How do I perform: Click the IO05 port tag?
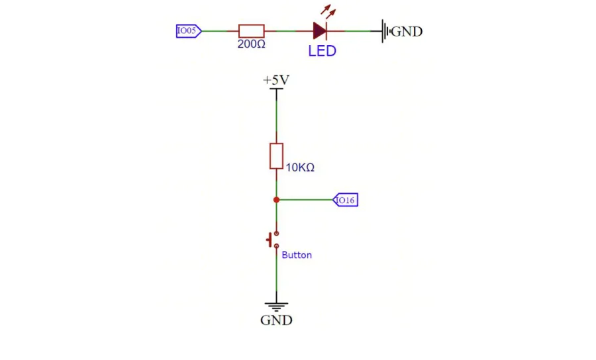(x=189, y=30)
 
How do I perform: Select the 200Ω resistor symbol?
(x=251, y=30)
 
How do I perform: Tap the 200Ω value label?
(x=251, y=44)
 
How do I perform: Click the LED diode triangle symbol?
(x=320, y=30)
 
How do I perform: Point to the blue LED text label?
(x=322, y=51)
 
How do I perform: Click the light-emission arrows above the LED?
(x=328, y=11)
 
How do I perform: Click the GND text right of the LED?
(x=407, y=32)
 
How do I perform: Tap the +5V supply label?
(x=276, y=80)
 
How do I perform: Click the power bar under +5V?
(x=276, y=89)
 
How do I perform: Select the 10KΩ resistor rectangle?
(x=276, y=156)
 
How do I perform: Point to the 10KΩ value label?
(x=300, y=167)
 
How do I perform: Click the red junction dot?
(x=276, y=200)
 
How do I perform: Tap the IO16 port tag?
(x=346, y=200)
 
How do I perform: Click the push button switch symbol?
(x=273, y=240)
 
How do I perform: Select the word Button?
(x=297, y=255)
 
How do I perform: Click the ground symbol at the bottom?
(x=276, y=307)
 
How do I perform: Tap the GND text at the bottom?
(x=276, y=320)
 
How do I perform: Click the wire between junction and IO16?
(x=306, y=200)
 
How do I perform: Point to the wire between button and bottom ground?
(x=276, y=275)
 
